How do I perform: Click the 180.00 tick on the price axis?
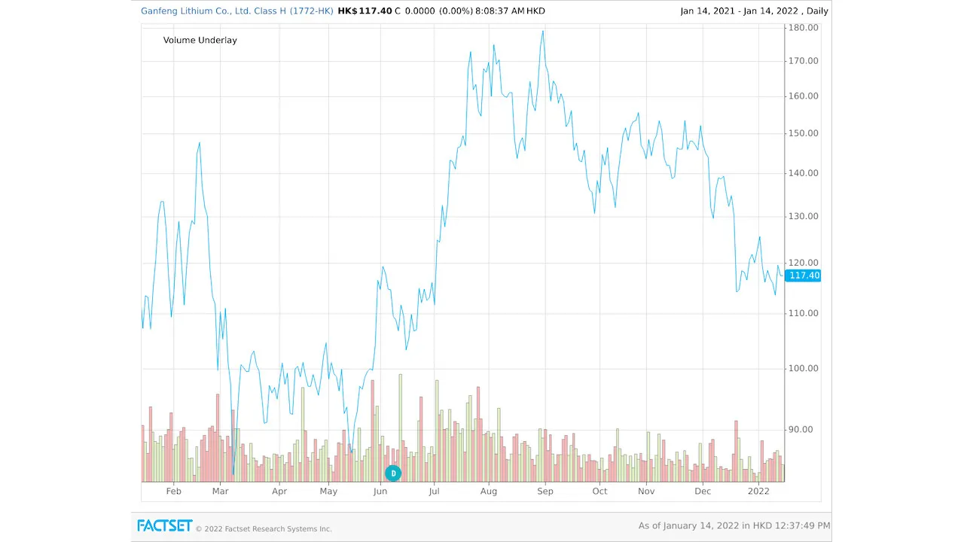[x=803, y=28]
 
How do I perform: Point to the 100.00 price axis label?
[x=803, y=369]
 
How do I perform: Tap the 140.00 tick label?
[x=803, y=173]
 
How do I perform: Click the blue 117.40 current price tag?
[x=804, y=276]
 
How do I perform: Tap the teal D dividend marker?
[x=393, y=473]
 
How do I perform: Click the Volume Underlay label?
[x=200, y=40]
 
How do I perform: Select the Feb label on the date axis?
[x=174, y=492]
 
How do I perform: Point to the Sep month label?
[x=545, y=492]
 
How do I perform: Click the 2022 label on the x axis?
[x=758, y=492]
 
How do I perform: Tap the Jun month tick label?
[x=380, y=492]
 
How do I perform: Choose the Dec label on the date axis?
[x=703, y=492]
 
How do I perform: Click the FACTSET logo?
[x=164, y=525]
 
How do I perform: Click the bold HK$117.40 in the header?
[x=365, y=11]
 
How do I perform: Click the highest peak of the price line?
[x=542, y=32]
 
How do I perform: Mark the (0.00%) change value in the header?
[x=455, y=11]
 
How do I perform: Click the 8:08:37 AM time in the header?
[x=499, y=11]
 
